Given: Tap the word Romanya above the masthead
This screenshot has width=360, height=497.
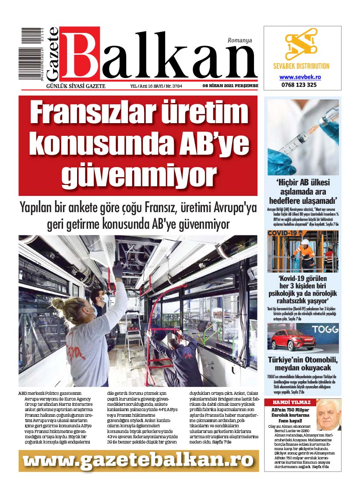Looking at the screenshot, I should click(240, 40).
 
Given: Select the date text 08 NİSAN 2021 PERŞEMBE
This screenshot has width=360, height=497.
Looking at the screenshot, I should click(230, 86).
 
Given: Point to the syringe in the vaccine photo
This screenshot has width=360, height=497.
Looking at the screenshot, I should click(302, 136).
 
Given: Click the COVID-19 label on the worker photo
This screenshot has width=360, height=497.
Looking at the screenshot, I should click(283, 234).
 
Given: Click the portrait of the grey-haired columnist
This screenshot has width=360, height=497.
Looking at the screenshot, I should click(328, 415).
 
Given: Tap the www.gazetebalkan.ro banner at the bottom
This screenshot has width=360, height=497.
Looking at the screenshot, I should click(138, 460).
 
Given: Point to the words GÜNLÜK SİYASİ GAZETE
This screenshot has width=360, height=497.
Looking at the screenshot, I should click(76, 86).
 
